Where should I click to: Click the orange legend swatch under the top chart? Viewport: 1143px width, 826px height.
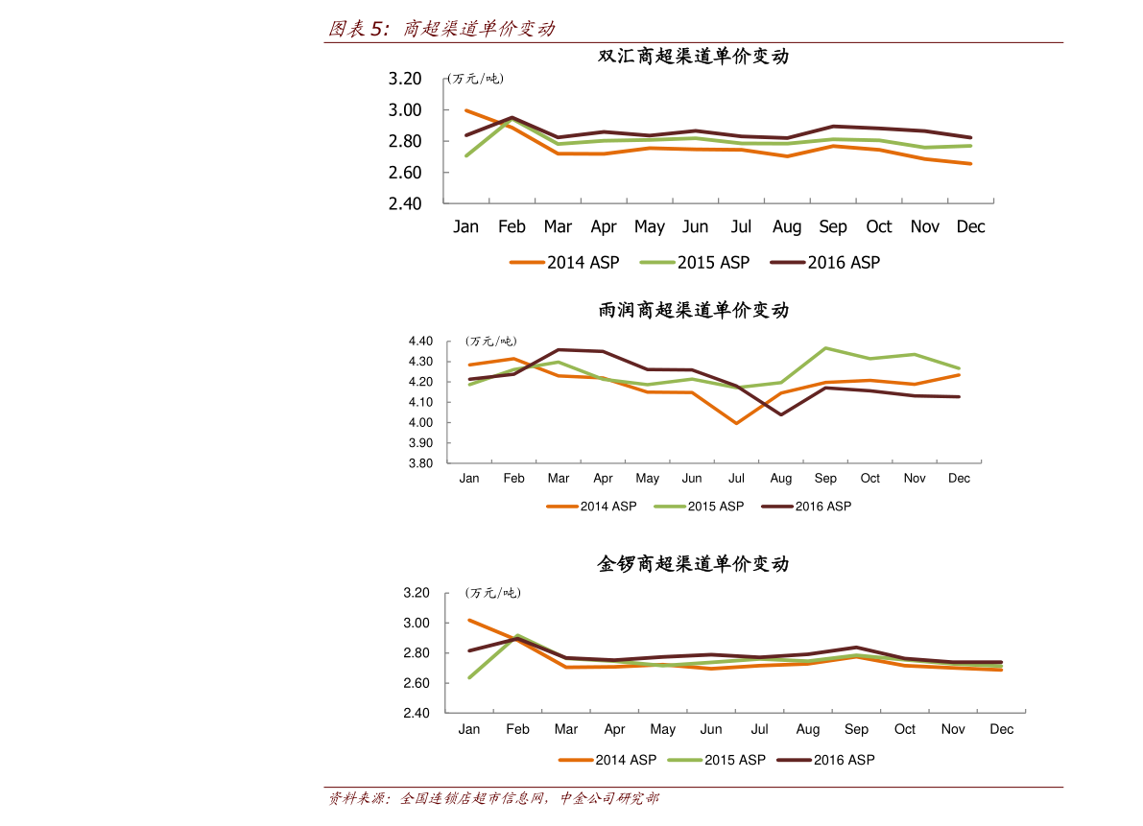point(527,262)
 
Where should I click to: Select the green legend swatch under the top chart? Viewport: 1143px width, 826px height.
point(657,262)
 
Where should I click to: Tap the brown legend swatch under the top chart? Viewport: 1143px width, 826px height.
point(788,262)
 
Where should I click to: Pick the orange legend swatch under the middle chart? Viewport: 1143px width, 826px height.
point(562,506)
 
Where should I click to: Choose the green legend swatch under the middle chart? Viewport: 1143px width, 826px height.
point(670,506)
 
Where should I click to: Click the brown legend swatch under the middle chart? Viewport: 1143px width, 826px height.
point(777,506)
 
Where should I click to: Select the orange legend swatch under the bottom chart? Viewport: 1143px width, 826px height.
point(576,760)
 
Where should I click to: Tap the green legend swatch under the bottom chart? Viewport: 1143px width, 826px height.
point(685,760)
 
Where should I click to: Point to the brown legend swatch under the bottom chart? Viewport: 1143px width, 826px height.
point(794,760)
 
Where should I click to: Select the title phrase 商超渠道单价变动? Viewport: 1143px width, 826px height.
point(478,29)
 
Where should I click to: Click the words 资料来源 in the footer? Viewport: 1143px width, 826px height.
point(355,798)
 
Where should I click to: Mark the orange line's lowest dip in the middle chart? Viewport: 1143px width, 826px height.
point(736,423)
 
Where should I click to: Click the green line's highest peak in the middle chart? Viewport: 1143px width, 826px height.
point(825,348)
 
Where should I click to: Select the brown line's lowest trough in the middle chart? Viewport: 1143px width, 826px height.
point(780,414)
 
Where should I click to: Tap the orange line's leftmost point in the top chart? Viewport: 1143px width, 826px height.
point(466,110)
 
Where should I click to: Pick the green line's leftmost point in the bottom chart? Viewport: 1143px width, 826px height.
point(469,678)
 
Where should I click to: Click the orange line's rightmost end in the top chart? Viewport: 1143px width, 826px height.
point(971,164)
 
